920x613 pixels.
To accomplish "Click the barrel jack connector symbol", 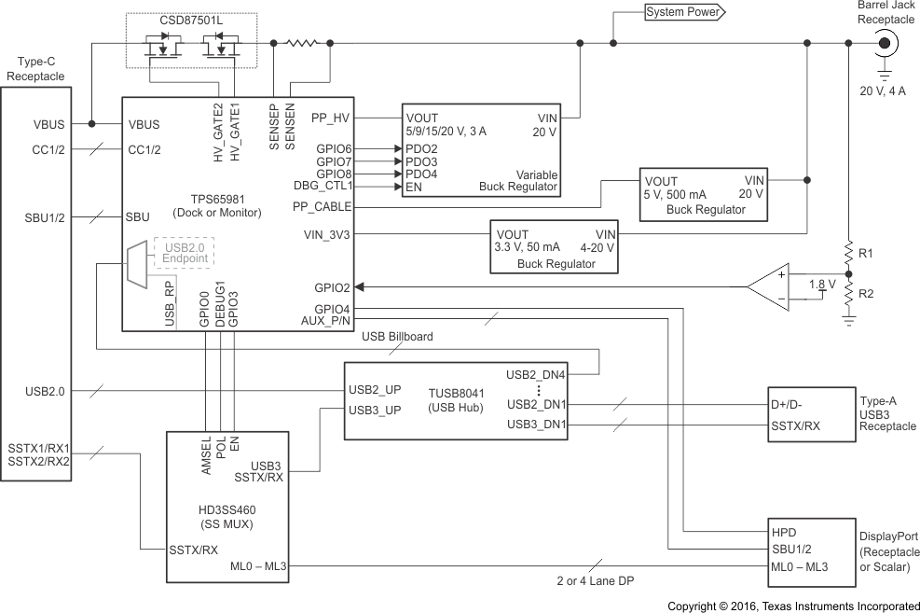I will tap(884, 43).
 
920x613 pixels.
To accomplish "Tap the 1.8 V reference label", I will tap(821, 284).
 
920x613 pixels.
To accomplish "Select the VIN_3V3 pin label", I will tap(327, 234).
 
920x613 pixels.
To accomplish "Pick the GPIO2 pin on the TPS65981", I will tap(332, 287).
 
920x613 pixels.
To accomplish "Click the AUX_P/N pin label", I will tap(325, 320).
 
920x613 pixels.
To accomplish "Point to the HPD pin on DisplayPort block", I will tap(784, 532).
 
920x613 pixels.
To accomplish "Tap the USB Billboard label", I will tap(397, 336).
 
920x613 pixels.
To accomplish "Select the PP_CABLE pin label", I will tap(323, 206).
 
